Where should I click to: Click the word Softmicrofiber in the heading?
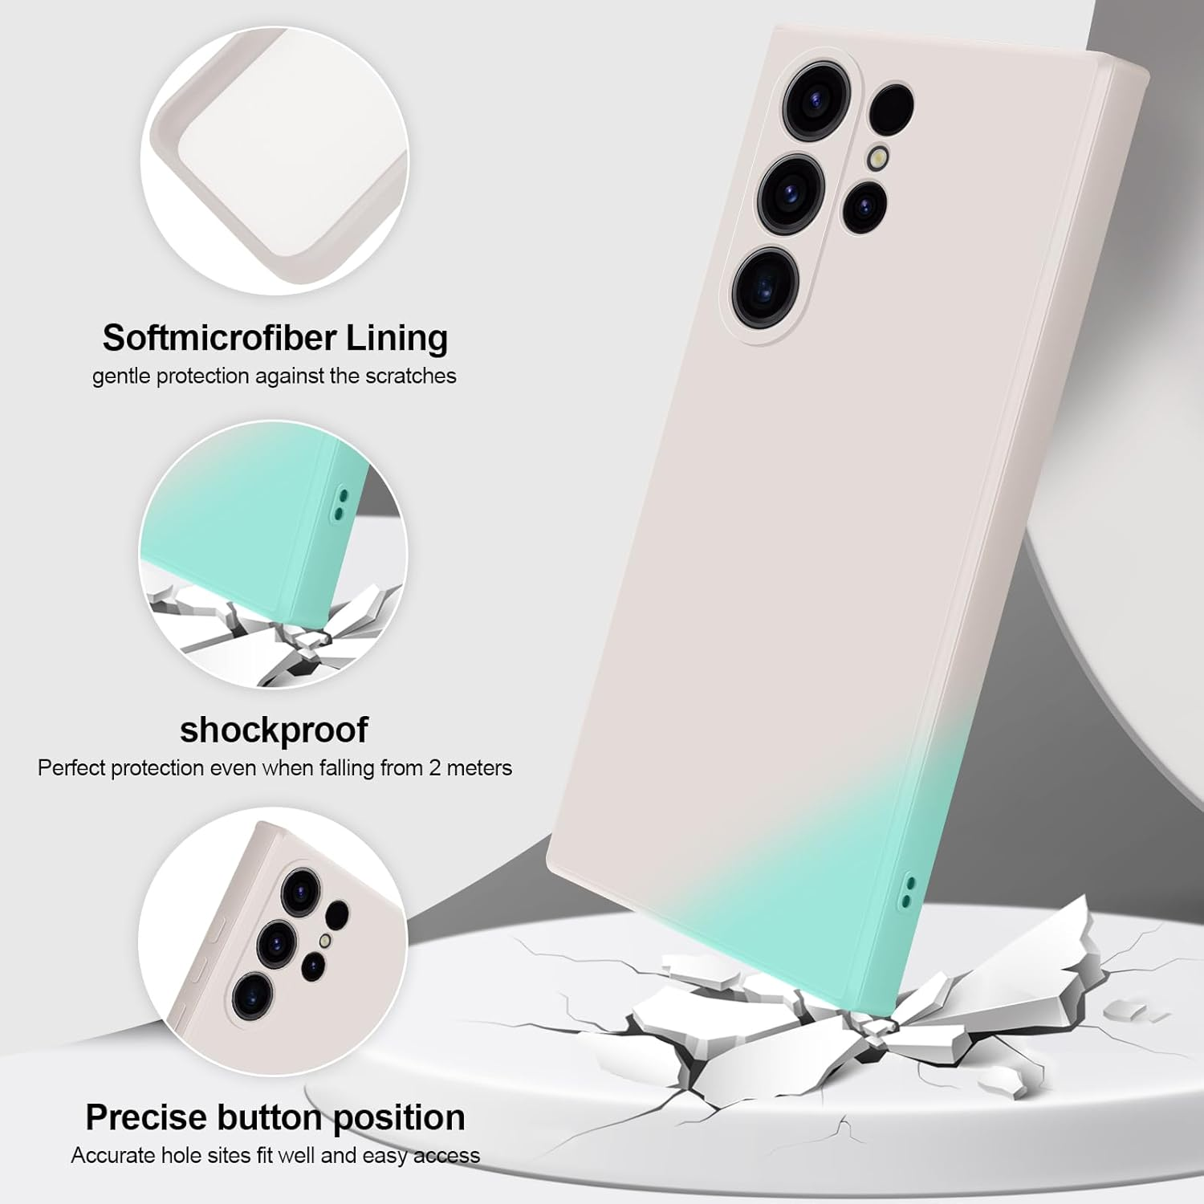pyautogui.click(x=219, y=338)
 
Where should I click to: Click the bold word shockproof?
pyautogui.click(x=274, y=730)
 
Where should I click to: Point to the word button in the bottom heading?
pyautogui.click(x=264, y=1117)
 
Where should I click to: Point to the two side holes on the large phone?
pyautogui.click(x=909, y=891)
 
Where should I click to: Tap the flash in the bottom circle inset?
pyautogui.click(x=325, y=940)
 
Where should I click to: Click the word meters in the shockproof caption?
pyautogui.click(x=479, y=768)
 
